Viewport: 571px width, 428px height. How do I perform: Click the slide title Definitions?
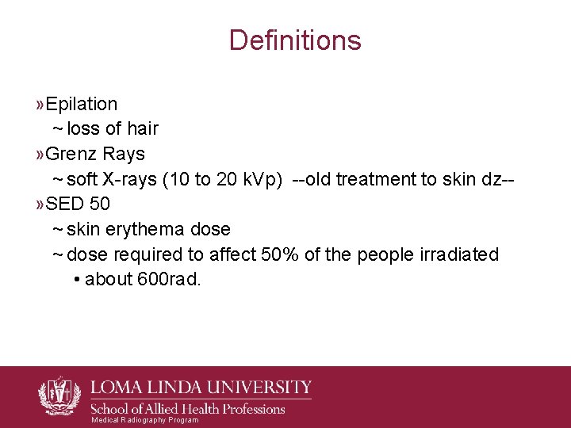pos(294,40)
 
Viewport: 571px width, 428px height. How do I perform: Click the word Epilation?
pos(82,104)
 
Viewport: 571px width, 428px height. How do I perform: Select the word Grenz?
pos(71,153)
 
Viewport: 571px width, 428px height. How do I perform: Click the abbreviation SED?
pos(65,204)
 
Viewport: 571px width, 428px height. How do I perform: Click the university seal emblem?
pos(59,394)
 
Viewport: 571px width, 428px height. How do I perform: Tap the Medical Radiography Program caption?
pos(145,420)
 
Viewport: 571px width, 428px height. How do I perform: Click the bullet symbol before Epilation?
pos(40,104)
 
